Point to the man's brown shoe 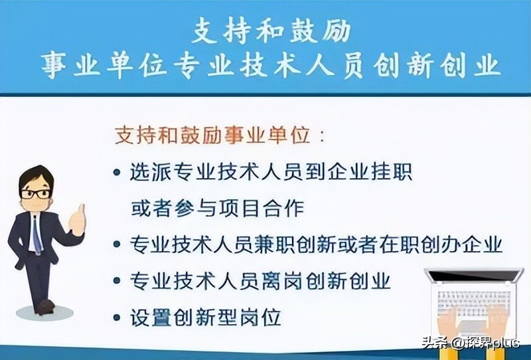pyautogui.click(x=44, y=307)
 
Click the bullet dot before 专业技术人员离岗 pyautogui.click(x=117, y=281)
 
